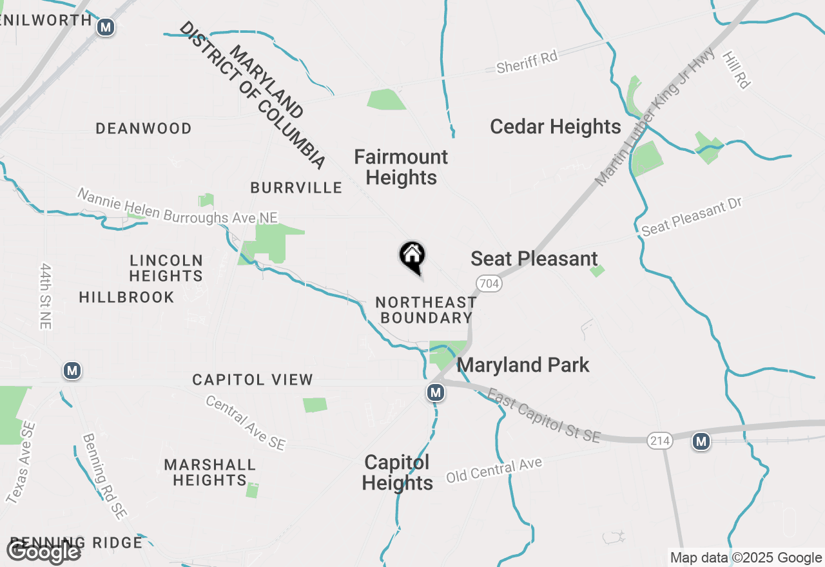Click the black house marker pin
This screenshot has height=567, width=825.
click(412, 256)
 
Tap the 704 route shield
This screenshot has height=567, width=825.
click(490, 283)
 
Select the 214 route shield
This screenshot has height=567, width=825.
click(661, 441)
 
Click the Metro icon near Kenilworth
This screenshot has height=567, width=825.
click(106, 27)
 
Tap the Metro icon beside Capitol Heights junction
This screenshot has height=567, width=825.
click(436, 392)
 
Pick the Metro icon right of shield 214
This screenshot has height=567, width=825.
click(701, 441)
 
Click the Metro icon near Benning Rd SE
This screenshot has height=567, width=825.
click(72, 370)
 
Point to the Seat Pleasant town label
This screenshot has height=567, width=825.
click(534, 259)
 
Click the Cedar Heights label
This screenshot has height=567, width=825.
click(556, 127)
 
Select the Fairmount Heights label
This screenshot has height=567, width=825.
click(401, 167)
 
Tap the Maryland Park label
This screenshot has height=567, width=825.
click(523, 365)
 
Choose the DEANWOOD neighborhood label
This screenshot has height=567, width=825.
click(144, 129)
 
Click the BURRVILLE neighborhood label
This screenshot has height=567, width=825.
click(296, 187)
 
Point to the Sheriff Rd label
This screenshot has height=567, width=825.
click(527, 62)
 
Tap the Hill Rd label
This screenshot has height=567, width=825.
click(737, 70)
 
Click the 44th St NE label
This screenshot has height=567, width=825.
click(45, 296)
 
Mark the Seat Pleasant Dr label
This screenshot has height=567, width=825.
click(692, 216)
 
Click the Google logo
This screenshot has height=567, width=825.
click(43, 552)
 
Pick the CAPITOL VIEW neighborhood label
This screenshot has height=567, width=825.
click(253, 380)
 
